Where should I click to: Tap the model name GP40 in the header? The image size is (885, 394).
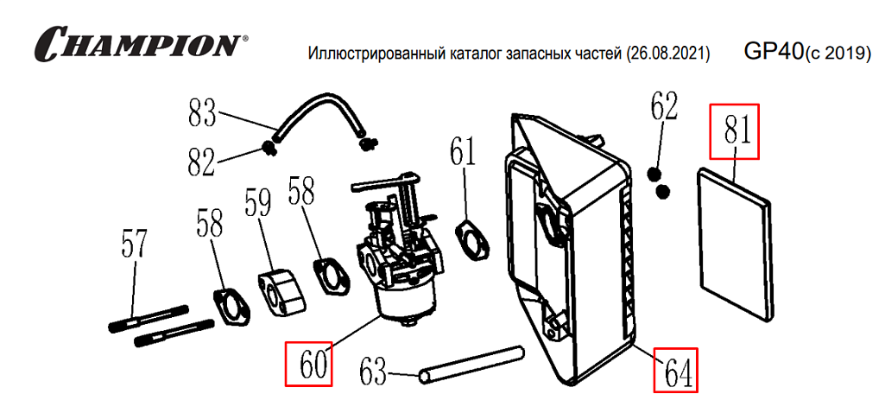(773, 51)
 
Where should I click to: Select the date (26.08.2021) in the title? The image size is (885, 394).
(666, 54)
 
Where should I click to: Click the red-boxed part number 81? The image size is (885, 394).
(734, 131)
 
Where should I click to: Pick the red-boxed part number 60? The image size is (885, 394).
(308, 364)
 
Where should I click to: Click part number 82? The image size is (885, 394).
(201, 161)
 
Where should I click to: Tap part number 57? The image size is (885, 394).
(134, 245)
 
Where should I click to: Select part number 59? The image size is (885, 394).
(258, 204)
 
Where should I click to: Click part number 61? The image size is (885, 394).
(463, 152)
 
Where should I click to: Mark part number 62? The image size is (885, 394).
(664, 109)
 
